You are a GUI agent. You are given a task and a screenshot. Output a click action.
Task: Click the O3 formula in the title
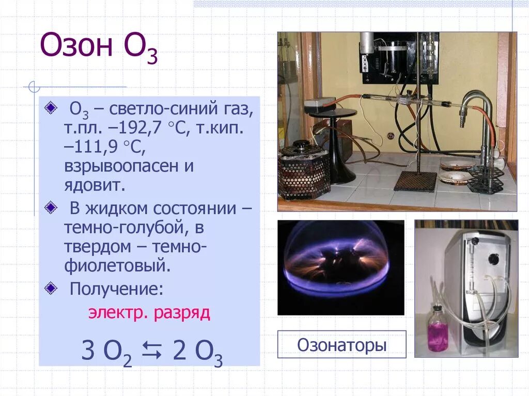point(140,48)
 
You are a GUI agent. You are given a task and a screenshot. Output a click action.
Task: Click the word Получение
point(116,289)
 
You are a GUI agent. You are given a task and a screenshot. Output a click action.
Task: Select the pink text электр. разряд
point(149,313)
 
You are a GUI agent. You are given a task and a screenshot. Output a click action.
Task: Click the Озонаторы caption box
point(341,345)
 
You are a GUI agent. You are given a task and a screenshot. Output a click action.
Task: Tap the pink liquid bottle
point(438,330)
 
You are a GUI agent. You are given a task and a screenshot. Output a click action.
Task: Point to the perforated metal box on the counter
point(303,173)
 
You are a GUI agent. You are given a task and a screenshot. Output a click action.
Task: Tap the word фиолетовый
point(116,266)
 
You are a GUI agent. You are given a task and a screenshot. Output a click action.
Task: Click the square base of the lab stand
point(415,181)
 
